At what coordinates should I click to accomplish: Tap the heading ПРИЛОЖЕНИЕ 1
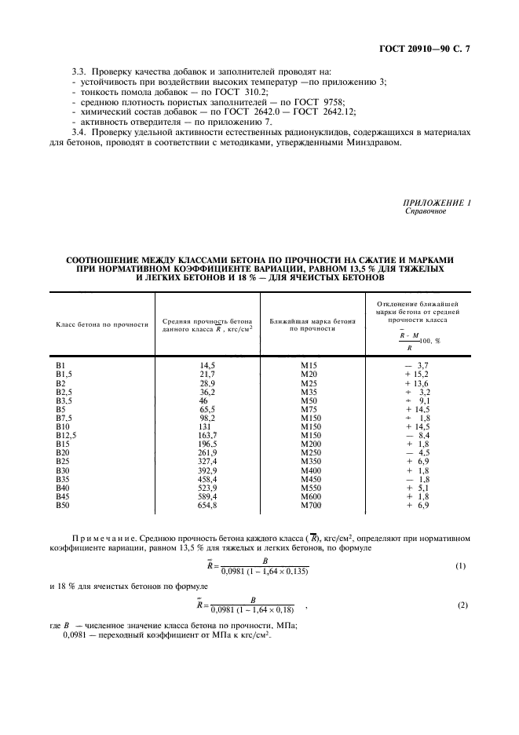coord(437,204)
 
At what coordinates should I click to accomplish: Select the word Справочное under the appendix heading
coord(424,212)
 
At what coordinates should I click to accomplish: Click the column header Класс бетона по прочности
coord(101,324)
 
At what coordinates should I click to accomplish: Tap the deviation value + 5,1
coord(418,487)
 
